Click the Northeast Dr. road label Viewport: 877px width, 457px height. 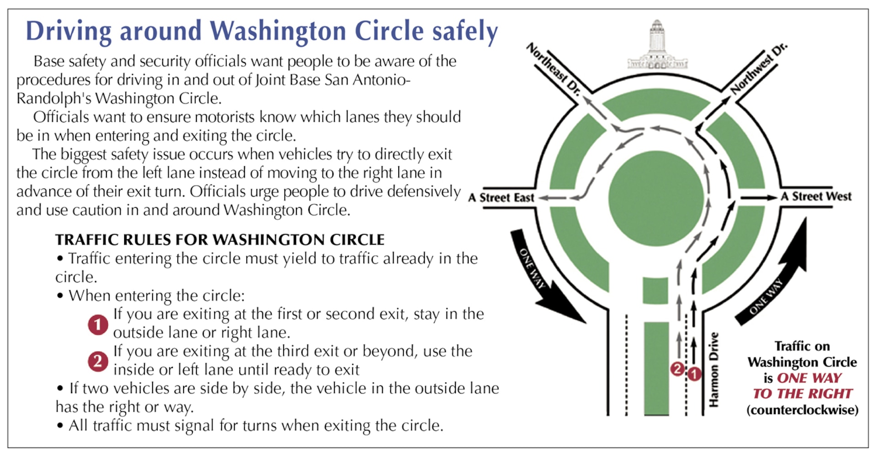[554, 69]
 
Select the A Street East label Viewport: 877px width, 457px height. [502, 198]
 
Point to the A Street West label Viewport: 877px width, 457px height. [816, 196]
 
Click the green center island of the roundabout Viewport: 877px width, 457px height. [656, 198]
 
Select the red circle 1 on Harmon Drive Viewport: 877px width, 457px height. [694, 374]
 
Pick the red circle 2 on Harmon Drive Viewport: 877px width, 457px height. [677, 369]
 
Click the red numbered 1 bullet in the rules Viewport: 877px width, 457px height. [98, 325]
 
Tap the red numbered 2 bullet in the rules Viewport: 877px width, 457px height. [98, 362]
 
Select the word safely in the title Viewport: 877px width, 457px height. [465, 32]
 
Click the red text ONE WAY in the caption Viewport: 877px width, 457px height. [809, 378]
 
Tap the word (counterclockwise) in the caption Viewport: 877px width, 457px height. [803, 410]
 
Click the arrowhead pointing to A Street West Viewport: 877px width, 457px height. [772, 198]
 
